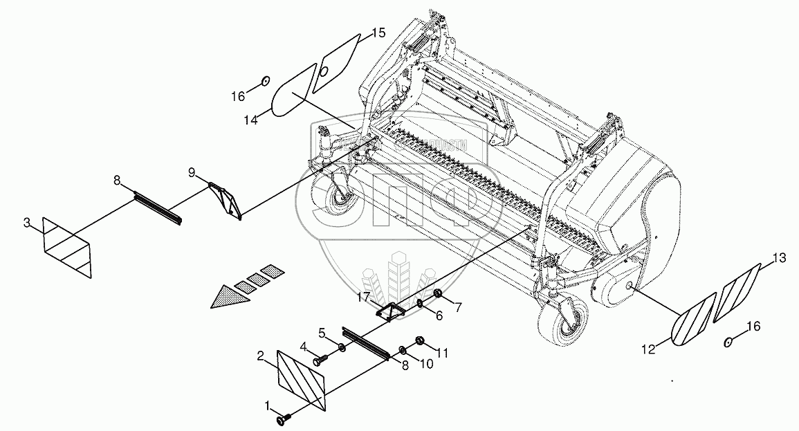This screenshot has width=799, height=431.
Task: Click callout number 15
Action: coord(378,33)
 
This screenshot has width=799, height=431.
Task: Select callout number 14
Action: coord(251,120)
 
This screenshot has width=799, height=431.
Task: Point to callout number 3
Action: coord(26,223)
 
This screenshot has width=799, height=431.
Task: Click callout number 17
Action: coord(363,298)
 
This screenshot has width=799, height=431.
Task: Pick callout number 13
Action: coord(779,259)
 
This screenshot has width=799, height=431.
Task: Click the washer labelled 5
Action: coord(343,345)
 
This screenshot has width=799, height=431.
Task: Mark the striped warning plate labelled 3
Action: coord(67,248)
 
